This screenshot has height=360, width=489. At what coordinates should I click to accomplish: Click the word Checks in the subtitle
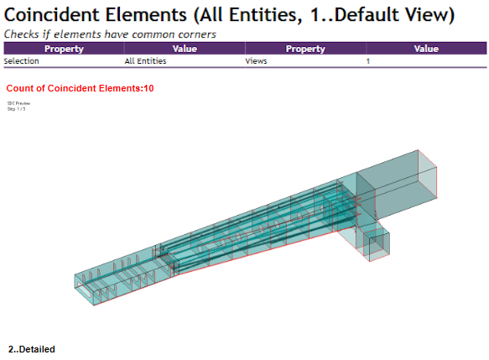click(x=23, y=34)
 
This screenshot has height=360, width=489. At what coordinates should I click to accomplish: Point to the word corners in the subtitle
click(x=192, y=34)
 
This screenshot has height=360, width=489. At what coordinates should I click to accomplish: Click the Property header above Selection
click(x=64, y=50)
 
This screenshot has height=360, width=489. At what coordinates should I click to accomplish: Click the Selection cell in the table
click(x=20, y=61)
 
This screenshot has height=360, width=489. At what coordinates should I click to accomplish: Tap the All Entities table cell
click(x=143, y=61)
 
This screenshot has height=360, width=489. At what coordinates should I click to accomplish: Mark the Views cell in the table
click(x=255, y=61)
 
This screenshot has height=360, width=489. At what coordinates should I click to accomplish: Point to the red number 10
click(x=148, y=88)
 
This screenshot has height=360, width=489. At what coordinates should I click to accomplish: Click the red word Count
click(x=19, y=88)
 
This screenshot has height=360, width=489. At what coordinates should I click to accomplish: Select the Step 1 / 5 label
click(x=17, y=108)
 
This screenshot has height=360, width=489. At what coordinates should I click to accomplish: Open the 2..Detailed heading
click(x=32, y=348)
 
